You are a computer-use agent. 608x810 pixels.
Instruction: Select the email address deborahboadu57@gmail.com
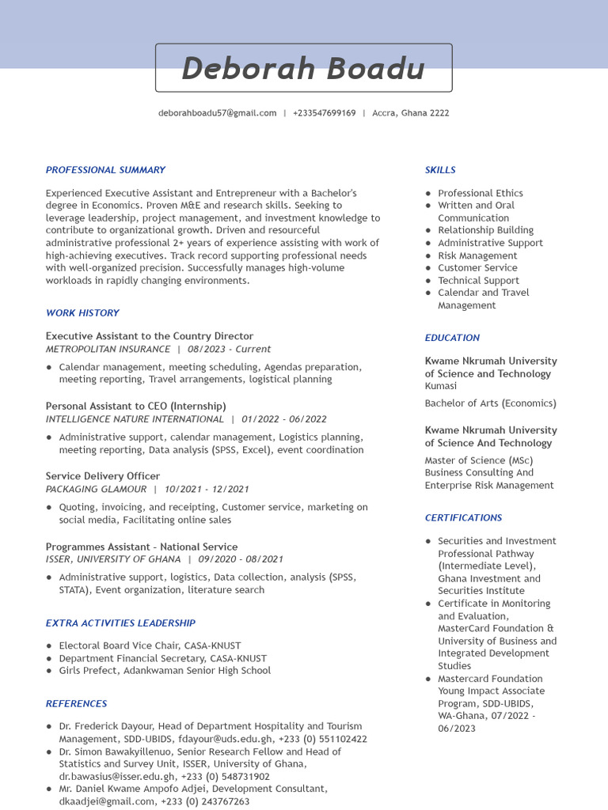point(217,113)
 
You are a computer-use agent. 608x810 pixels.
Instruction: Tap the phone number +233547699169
point(324,113)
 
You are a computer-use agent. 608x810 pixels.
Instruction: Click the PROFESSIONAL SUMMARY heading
point(105,170)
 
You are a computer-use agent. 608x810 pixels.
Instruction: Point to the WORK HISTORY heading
point(82,313)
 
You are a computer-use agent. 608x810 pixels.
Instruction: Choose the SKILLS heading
point(440,170)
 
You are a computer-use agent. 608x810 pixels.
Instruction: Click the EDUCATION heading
point(452,338)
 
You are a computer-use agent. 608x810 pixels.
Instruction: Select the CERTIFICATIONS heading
point(463,518)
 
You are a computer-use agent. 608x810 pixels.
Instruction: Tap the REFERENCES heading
point(76,704)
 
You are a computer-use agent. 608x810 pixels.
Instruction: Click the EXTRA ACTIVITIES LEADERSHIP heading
point(120,623)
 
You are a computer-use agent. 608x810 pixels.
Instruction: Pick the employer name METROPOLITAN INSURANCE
point(108,349)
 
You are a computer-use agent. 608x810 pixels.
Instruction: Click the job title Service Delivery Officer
point(103,476)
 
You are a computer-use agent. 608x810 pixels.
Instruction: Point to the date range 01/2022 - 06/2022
point(284,419)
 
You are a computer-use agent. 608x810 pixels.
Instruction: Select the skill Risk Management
point(477,255)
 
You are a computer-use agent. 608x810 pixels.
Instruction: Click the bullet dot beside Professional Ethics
point(428,193)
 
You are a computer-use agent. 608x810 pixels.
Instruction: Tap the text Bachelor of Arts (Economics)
point(490,403)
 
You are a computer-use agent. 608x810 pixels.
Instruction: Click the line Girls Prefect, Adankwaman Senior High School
point(165,671)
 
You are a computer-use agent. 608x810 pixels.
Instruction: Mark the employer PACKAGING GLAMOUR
point(96,489)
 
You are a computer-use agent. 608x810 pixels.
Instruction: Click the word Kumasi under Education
point(440,386)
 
